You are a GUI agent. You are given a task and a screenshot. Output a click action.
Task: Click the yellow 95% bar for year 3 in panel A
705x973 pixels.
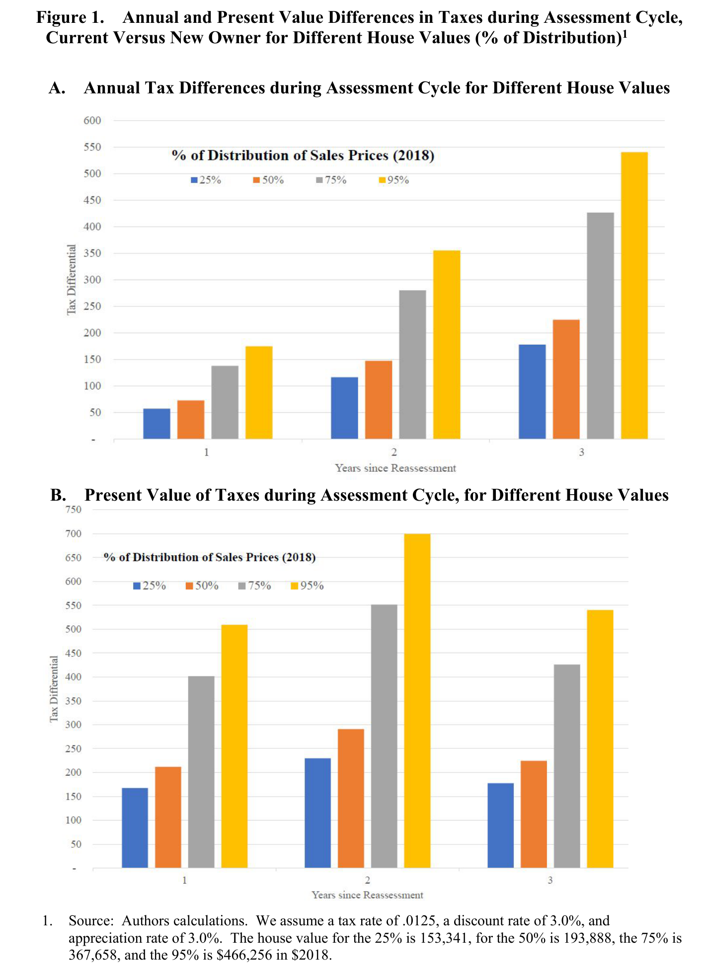[x=634, y=296]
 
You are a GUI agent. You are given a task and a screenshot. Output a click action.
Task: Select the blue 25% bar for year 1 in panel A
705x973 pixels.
[x=157, y=424]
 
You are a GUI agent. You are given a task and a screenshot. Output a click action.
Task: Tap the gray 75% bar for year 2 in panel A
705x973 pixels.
[x=412, y=365]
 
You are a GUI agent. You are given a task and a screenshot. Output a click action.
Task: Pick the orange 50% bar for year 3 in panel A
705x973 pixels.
[x=566, y=379]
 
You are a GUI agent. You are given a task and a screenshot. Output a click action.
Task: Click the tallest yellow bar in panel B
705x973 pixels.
[x=417, y=701]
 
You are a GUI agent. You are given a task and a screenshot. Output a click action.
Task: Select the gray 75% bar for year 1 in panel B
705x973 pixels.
[x=201, y=772]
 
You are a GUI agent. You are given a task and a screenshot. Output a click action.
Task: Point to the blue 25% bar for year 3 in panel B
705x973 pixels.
[x=501, y=825]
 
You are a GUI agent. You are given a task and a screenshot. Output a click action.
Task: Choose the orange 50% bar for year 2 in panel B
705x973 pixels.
[x=351, y=799]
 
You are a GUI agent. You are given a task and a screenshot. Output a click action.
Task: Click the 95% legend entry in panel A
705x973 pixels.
[x=394, y=180]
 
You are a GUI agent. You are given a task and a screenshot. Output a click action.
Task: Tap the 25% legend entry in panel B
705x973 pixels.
[x=150, y=586]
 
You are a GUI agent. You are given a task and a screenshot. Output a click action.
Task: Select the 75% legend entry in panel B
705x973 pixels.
[x=255, y=586]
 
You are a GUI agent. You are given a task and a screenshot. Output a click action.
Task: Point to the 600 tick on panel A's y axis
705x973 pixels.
[x=92, y=120]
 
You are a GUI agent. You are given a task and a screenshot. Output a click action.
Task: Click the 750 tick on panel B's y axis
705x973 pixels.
[x=73, y=510]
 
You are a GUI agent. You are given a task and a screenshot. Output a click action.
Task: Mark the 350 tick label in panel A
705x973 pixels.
[x=92, y=253]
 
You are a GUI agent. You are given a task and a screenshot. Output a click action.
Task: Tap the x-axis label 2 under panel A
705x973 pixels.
[x=394, y=452]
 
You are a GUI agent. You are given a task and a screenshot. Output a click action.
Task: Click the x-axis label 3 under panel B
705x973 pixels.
[x=550, y=881]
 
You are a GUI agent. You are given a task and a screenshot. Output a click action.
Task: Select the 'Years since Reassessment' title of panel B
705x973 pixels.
[x=368, y=895]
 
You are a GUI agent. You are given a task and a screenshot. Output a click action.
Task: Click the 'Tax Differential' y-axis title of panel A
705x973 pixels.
[x=72, y=280]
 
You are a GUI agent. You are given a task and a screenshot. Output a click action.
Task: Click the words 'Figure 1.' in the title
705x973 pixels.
[x=71, y=17]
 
